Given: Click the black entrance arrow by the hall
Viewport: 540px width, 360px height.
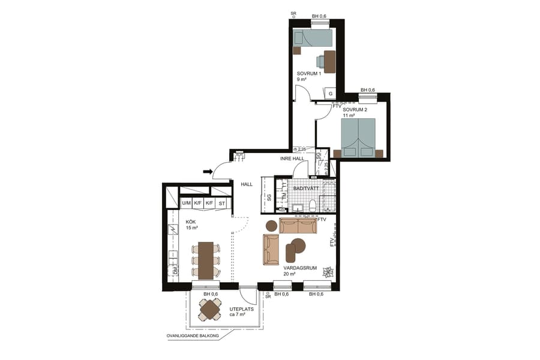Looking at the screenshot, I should pyautogui.click(x=208, y=172).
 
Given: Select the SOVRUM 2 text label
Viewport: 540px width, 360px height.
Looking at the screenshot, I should pyautogui.click(x=355, y=110).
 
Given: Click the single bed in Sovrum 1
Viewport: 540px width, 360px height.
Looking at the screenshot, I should pyautogui.click(x=312, y=38).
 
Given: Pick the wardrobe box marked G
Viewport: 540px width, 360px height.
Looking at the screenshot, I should pyautogui.click(x=330, y=94).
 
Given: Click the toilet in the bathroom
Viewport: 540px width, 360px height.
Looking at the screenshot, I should pyautogui.click(x=312, y=206).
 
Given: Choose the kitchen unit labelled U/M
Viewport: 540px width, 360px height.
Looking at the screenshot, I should pyautogui.click(x=186, y=203).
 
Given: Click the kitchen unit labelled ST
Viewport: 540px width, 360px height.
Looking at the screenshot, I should pyautogui.click(x=222, y=203).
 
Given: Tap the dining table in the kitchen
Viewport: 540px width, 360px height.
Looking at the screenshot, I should pyautogui.click(x=205, y=260).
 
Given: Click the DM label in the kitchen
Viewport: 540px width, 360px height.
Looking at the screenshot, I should pyautogui.click(x=176, y=272).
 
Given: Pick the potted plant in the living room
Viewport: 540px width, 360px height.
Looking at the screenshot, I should pyautogui.click(x=327, y=272).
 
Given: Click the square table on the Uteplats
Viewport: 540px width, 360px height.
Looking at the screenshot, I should pyautogui.click(x=211, y=309).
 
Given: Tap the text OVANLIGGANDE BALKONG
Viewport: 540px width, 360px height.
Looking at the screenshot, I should pyautogui.click(x=192, y=337).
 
